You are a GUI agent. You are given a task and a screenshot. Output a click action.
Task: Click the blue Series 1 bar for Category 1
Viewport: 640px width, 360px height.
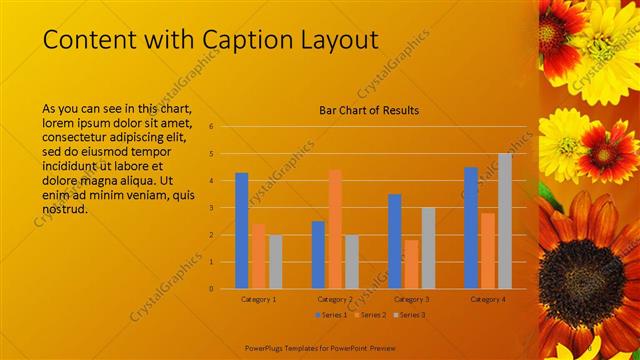coord(242,230)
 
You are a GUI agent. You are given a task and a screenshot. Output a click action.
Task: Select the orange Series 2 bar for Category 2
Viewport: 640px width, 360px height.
coord(335,228)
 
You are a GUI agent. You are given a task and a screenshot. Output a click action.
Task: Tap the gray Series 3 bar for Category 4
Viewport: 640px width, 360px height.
coord(505,221)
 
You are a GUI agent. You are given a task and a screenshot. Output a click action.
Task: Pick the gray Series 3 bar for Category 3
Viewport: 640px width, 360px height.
coord(428,248)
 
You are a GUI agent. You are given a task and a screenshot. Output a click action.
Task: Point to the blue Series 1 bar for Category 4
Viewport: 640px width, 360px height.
coord(471,227)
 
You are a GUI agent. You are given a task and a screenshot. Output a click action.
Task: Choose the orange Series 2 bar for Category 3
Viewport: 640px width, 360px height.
coord(412,264)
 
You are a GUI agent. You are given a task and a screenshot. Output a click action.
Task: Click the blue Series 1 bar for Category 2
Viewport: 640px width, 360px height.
coord(318,254)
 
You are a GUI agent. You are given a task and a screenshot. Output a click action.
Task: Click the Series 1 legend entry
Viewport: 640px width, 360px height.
coord(331,315)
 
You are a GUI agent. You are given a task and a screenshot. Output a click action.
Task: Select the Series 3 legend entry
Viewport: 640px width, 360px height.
coord(411,315)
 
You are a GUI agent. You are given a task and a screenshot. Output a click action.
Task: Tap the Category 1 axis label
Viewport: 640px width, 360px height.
coord(258,299)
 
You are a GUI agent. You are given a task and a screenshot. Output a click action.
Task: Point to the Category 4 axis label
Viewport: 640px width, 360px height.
coord(488,299)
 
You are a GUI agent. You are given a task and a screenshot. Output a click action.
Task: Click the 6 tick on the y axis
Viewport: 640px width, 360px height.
coord(211,127)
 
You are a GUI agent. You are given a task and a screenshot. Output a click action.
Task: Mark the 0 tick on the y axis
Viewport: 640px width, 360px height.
coord(211,289)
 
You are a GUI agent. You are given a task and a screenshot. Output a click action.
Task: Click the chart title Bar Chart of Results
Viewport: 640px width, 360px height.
coord(369,110)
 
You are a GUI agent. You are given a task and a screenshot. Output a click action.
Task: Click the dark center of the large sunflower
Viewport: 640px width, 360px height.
coord(587,269)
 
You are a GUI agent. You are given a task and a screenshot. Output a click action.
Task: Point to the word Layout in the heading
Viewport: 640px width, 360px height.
coord(340,39)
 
